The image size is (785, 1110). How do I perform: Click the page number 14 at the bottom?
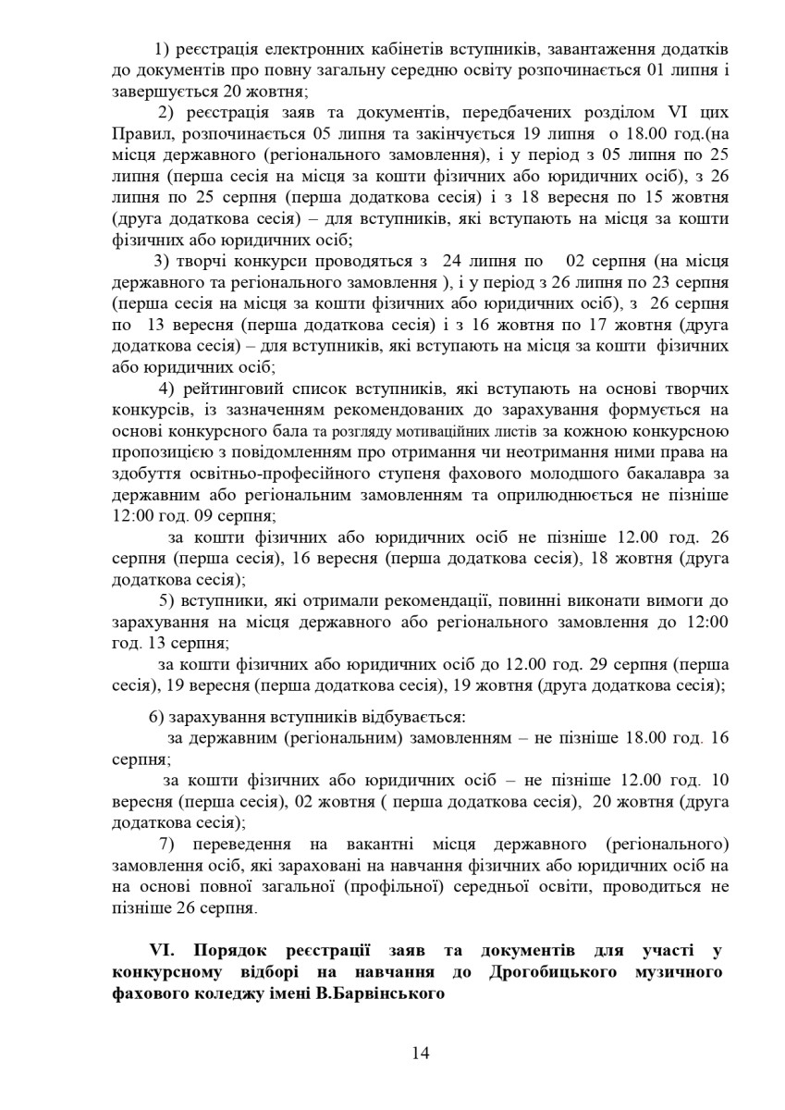click(x=421, y=1052)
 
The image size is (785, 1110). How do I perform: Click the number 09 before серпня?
click(x=202, y=515)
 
